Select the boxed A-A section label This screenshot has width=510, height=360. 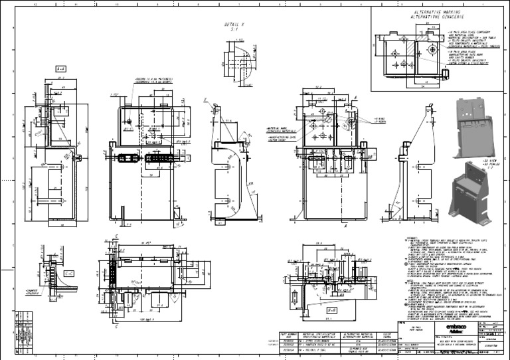pos(60,68)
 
